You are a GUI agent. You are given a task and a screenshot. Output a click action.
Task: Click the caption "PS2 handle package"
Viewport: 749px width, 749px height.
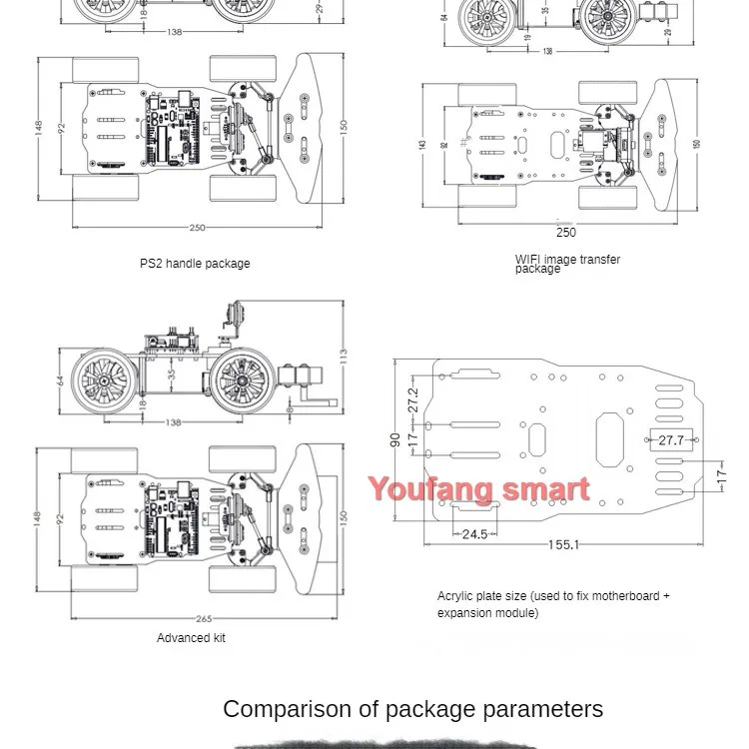tap(195, 264)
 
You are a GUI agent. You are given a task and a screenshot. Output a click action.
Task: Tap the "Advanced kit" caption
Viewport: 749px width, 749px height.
tap(191, 637)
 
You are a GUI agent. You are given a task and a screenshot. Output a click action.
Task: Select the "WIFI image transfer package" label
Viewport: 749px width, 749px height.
tap(567, 264)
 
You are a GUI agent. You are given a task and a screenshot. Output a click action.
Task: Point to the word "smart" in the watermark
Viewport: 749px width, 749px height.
tap(545, 489)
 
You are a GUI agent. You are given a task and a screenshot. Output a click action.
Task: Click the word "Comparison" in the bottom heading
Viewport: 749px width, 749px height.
tap(287, 709)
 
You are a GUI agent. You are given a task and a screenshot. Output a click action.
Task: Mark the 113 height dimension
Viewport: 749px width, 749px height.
tap(343, 354)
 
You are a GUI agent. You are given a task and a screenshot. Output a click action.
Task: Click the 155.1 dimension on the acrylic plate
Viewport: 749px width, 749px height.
tap(563, 545)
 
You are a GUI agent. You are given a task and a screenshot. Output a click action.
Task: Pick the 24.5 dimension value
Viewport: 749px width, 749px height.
tap(474, 534)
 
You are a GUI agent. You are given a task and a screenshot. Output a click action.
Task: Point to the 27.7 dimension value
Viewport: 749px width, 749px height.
tap(670, 440)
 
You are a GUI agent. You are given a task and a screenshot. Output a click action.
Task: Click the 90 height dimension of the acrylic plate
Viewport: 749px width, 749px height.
tap(395, 438)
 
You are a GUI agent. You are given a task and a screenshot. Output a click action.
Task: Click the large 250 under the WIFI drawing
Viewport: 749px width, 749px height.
tap(565, 233)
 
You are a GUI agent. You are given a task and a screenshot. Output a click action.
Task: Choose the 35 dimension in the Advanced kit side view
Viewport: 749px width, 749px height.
tap(172, 377)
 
